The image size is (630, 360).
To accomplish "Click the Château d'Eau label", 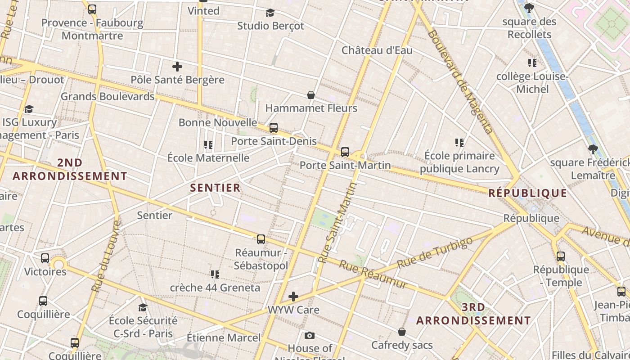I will coord(377,50).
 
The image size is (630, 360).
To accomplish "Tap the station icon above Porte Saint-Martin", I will coord(345,152).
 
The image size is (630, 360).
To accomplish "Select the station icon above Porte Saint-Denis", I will coord(274,128).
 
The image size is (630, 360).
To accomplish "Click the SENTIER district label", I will coord(216,188).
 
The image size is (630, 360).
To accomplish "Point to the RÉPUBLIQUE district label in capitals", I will coord(528,193).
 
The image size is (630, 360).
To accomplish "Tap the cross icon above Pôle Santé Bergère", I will coord(177,67).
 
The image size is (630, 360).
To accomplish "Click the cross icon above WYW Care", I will coord(293,297).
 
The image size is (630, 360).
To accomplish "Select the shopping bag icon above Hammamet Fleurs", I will coord(311,95).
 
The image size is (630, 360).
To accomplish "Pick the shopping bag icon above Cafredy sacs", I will coord(402,332).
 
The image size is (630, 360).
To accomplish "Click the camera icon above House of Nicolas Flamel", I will coord(310,335).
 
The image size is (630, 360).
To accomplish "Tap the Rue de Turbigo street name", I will coord(435,252).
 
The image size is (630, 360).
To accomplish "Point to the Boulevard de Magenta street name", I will coord(460,81).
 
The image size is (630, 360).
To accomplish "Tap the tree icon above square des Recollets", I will coord(529,8).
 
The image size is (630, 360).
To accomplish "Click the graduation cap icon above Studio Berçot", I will coord(270,13).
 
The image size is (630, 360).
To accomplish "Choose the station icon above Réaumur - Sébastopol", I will coord(261,239).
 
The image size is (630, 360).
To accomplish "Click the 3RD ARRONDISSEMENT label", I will coord(473,314).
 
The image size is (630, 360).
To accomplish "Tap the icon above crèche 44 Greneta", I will coord(215,274).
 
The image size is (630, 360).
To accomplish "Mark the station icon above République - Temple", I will coord(561,256).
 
